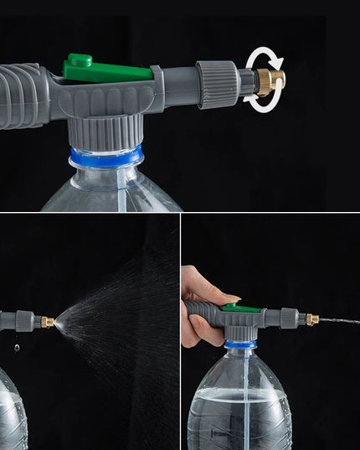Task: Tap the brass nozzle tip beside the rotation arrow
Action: [x=270, y=81]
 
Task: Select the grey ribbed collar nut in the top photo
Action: [x=217, y=84]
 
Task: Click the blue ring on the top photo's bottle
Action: [x=106, y=158]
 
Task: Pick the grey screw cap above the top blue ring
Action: [x=106, y=132]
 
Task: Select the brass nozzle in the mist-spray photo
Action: [x=48, y=322]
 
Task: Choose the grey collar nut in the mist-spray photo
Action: [x=25, y=321]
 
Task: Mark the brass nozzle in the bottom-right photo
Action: [x=311, y=319]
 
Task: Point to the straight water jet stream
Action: [x=339, y=321]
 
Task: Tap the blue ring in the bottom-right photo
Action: [x=240, y=344]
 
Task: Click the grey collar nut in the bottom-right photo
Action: [x=290, y=318]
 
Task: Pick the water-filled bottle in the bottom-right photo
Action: [x=239, y=406]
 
